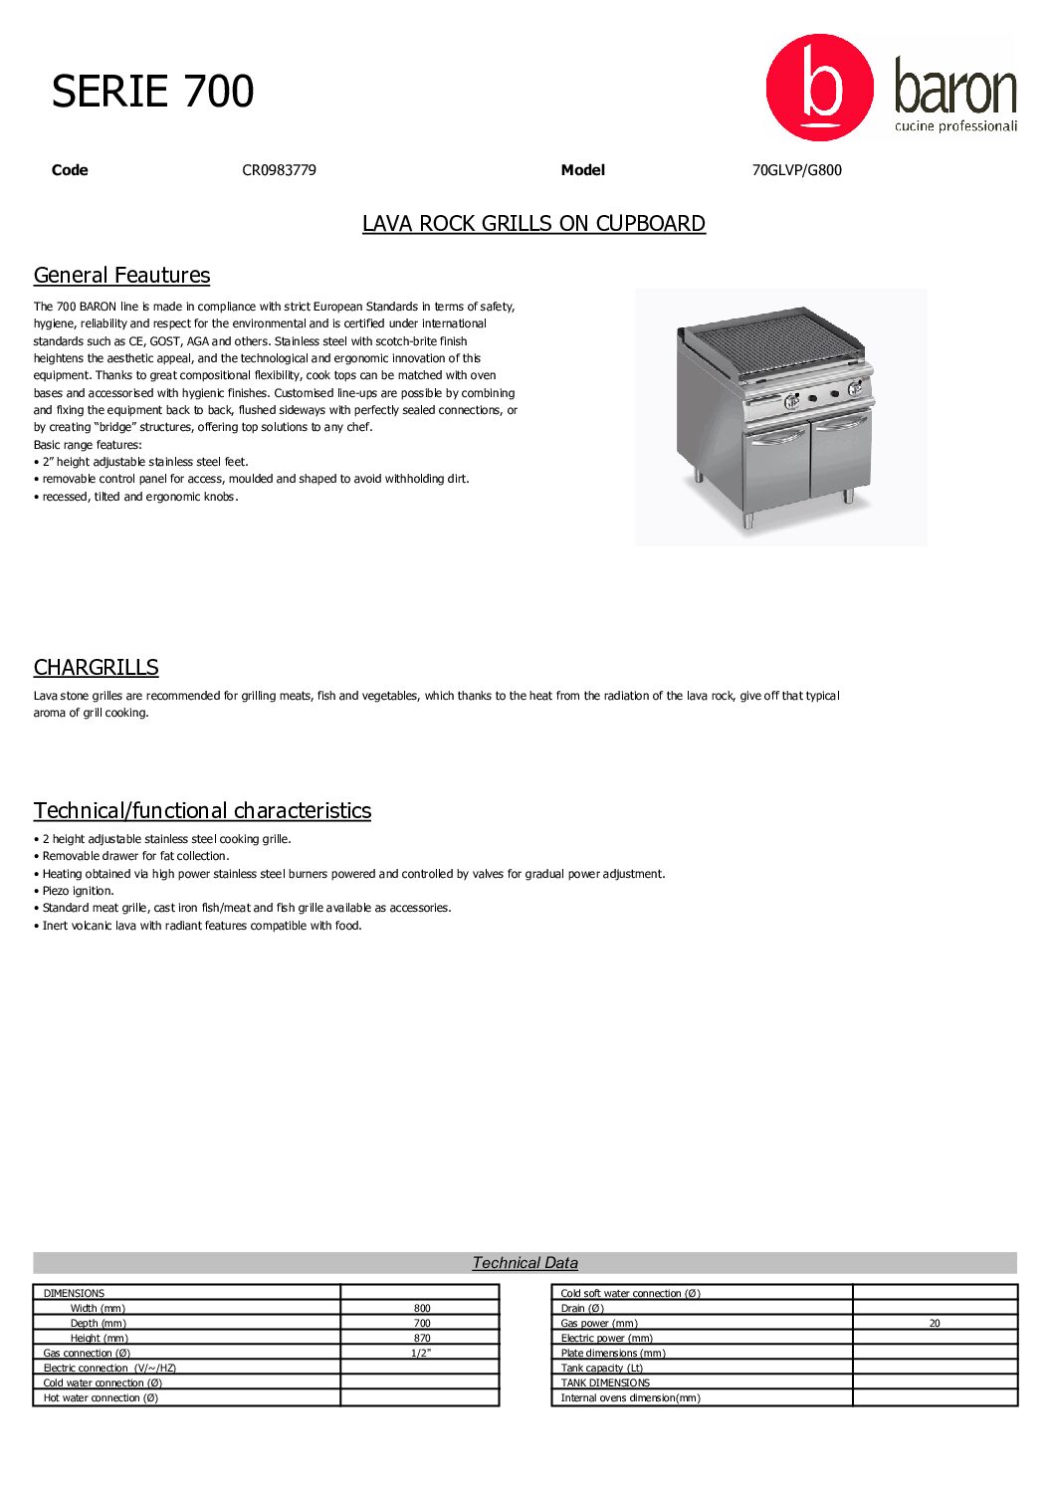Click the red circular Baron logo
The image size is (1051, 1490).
tap(819, 88)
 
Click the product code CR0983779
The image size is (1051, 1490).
tap(279, 170)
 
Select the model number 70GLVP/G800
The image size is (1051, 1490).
tap(796, 170)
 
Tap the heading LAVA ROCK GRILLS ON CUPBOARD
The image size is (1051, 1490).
tap(533, 224)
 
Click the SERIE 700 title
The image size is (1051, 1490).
tap(153, 92)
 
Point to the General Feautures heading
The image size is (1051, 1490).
tap(121, 276)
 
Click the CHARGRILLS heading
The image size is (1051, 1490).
tap(96, 668)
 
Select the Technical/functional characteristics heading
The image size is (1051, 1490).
tap(202, 811)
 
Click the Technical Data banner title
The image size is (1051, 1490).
tap(525, 1263)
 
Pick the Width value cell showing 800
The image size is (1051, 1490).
tap(422, 1309)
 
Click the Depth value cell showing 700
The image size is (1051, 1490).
tap(422, 1324)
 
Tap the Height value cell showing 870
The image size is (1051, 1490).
tap(422, 1339)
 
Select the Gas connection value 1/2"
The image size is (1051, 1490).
tap(420, 1354)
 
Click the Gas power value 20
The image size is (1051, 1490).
tap(935, 1324)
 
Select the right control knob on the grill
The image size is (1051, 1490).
tap(854, 389)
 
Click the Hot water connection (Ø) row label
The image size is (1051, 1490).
tap(101, 1398)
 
